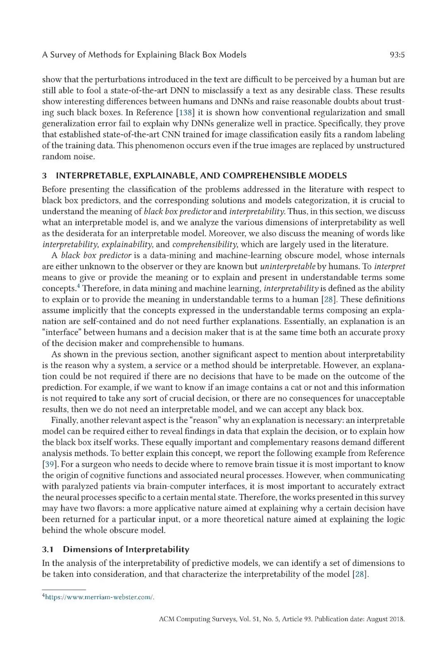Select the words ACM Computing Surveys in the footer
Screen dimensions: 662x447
click(x=192, y=619)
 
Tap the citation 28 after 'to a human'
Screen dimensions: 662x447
click(x=328, y=299)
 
